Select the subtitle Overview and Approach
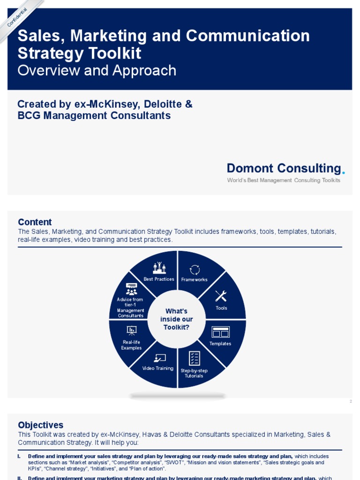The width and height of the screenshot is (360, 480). pyautogui.click(x=97, y=70)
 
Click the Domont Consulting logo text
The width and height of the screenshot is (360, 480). pyautogui.click(x=284, y=168)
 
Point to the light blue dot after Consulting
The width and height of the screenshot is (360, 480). pyautogui.click(x=344, y=172)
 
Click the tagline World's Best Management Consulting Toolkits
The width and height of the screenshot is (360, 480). pyautogui.click(x=284, y=180)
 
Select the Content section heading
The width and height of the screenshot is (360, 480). pyautogui.click(x=35, y=222)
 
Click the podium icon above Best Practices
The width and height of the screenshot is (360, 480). pyautogui.click(x=159, y=268)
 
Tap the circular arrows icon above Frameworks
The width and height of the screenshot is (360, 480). pyautogui.click(x=195, y=270)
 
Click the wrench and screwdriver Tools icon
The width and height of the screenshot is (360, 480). pyautogui.click(x=221, y=296)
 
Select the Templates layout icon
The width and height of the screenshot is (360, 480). pyautogui.click(x=220, y=332)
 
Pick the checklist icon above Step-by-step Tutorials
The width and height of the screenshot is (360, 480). pyautogui.click(x=194, y=358)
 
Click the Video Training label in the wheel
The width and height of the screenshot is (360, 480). pyautogui.click(x=158, y=368)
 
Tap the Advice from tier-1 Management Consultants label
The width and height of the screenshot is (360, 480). pyautogui.click(x=130, y=307)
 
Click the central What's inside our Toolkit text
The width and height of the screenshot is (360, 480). pyautogui.click(x=177, y=319)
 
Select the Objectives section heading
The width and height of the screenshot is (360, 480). pyautogui.click(x=40, y=425)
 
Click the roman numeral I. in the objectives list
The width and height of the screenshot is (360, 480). pyautogui.click(x=19, y=456)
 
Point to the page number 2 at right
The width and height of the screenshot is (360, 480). pyautogui.click(x=350, y=401)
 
